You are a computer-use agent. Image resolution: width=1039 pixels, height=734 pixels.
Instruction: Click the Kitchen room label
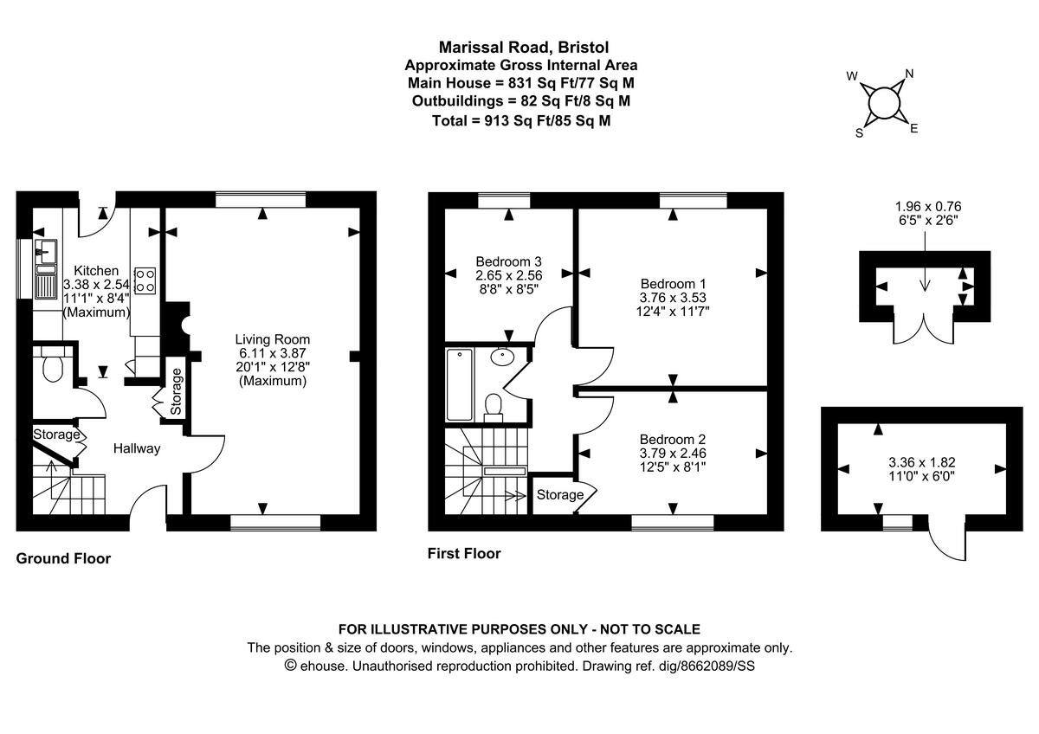coord(90,270)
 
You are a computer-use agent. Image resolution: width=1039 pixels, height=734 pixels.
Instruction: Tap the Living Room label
coord(273,339)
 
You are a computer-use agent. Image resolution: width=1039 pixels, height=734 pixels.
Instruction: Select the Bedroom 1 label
coord(673,284)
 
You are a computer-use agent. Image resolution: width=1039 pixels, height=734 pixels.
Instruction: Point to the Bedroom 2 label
coord(673,439)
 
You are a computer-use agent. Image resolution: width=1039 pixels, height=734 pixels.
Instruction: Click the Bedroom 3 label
coord(508,261)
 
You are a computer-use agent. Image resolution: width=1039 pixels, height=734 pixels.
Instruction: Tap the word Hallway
coord(137,448)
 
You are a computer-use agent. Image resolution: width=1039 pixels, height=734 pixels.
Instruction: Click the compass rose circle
coord(883,102)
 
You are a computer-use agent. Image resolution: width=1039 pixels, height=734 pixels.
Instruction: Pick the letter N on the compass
coord(909,74)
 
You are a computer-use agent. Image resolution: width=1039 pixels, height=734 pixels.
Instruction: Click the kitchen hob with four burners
coord(145,280)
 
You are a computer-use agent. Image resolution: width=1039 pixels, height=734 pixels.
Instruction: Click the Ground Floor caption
coord(63,558)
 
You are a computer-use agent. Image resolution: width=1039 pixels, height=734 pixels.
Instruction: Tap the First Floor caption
coord(464,553)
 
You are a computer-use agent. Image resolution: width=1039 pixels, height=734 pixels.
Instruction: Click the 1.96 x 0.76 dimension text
coord(928,206)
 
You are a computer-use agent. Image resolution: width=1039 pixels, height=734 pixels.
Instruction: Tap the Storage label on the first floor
coord(559,495)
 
